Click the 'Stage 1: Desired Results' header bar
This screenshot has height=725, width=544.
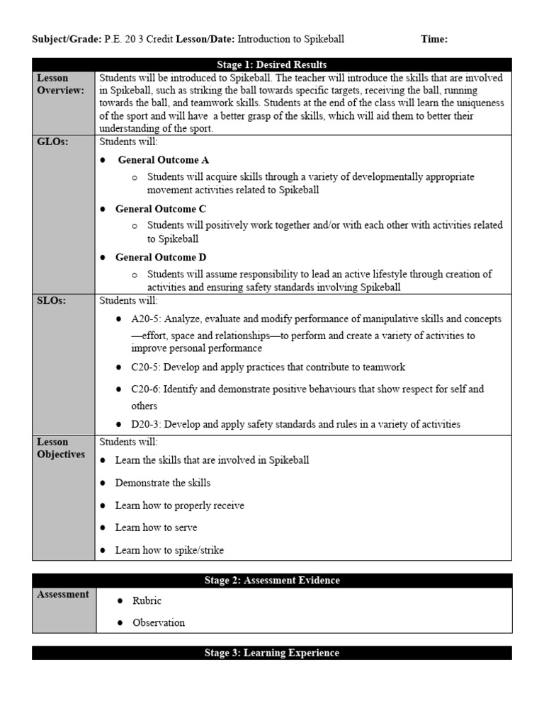[x=271, y=64]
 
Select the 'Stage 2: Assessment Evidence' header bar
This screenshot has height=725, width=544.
[x=271, y=581]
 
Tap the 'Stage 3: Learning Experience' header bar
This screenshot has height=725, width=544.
[x=271, y=653]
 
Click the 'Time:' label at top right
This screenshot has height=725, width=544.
[x=434, y=39]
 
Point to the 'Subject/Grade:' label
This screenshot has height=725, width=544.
[x=67, y=39]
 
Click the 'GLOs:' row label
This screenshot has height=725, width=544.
[x=51, y=142]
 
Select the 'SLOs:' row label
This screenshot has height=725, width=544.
[x=50, y=301]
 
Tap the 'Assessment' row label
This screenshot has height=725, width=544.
[x=63, y=595]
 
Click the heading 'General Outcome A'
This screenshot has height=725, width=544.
[x=163, y=160]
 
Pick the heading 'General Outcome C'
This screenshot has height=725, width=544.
[x=161, y=209]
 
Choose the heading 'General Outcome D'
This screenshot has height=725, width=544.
[x=161, y=257]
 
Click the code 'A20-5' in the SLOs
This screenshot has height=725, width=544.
[x=144, y=319]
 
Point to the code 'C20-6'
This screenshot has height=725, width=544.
[x=144, y=389]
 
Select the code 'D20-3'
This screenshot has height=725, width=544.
[x=144, y=424]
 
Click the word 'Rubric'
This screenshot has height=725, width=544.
[x=147, y=600]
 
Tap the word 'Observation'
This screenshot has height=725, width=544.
[x=159, y=622]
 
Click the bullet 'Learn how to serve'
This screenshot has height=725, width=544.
[x=156, y=527]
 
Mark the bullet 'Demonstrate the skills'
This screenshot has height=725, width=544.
[x=162, y=483]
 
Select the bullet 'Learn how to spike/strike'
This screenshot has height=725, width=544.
[x=169, y=550]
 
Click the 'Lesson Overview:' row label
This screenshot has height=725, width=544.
[x=60, y=84]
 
